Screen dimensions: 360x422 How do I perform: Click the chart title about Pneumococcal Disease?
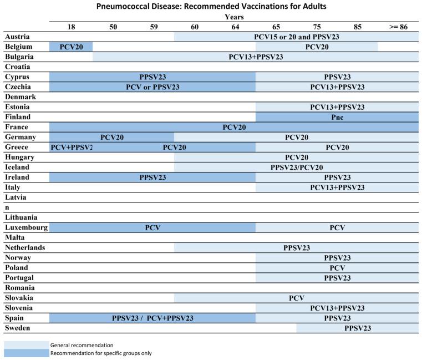pyautogui.click(x=211, y=7)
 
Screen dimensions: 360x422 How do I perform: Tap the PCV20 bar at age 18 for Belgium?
pyautogui.click(x=71, y=47)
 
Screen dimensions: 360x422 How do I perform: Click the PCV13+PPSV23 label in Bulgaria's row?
pyautogui.click(x=256, y=57)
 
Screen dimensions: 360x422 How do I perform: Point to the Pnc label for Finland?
pyautogui.click(x=337, y=117)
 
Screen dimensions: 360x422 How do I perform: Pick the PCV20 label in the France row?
pyautogui.click(x=234, y=127)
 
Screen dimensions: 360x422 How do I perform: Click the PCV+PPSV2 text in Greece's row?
pyautogui.click(x=71, y=147)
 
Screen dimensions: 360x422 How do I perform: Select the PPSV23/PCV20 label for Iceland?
pyautogui.click(x=297, y=167)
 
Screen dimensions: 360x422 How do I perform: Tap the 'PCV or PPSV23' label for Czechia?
pyautogui.click(x=152, y=87)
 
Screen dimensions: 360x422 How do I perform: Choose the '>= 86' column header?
pyautogui.click(x=398, y=26)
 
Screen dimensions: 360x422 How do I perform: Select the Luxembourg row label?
pyautogui.click(x=27, y=227)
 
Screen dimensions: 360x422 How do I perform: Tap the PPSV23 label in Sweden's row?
pyautogui.click(x=358, y=328)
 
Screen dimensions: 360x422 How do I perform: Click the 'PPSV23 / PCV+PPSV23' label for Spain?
pyautogui.click(x=152, y=318)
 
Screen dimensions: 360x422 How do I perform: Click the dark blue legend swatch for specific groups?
pyautogui.click(x=26, y=353)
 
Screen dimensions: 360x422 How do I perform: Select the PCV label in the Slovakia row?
pyautogui.click(x=297, y=298)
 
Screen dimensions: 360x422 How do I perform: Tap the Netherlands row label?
pyautogui.click(x=25, y=247)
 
